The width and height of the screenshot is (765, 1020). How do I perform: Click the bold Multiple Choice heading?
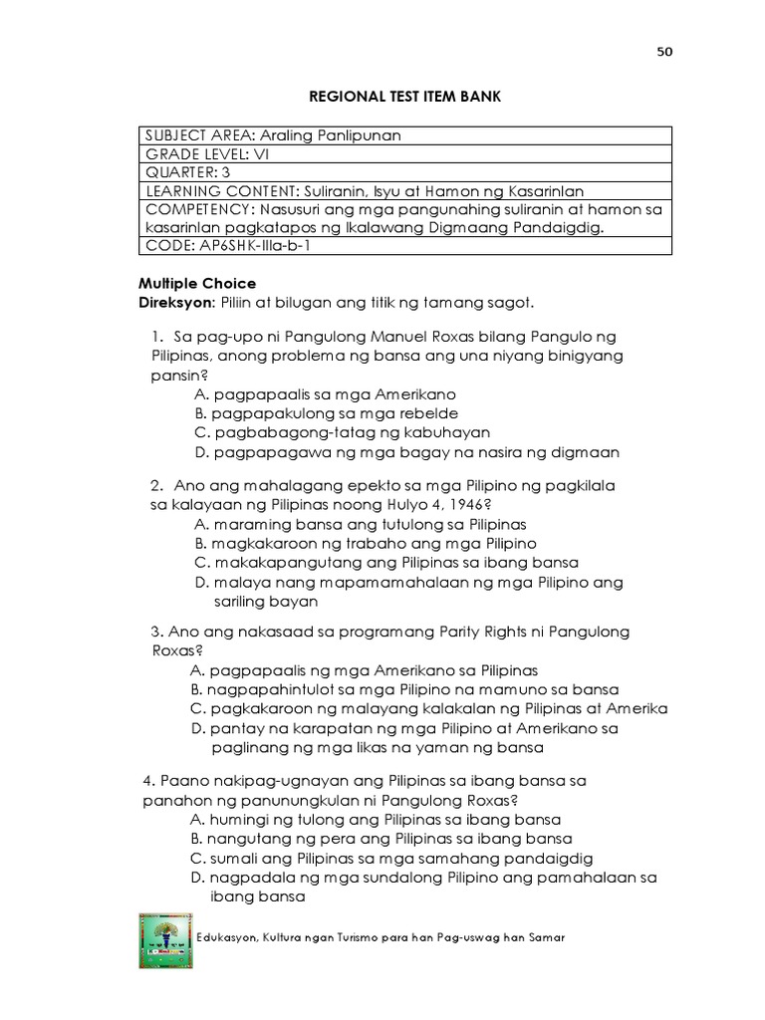click(196, 283)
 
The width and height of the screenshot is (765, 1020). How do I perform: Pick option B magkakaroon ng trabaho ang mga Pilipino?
click(366, 543)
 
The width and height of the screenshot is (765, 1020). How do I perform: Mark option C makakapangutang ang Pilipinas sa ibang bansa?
click(386, 562)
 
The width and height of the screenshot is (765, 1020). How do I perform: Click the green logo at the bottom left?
click(163, 938)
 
